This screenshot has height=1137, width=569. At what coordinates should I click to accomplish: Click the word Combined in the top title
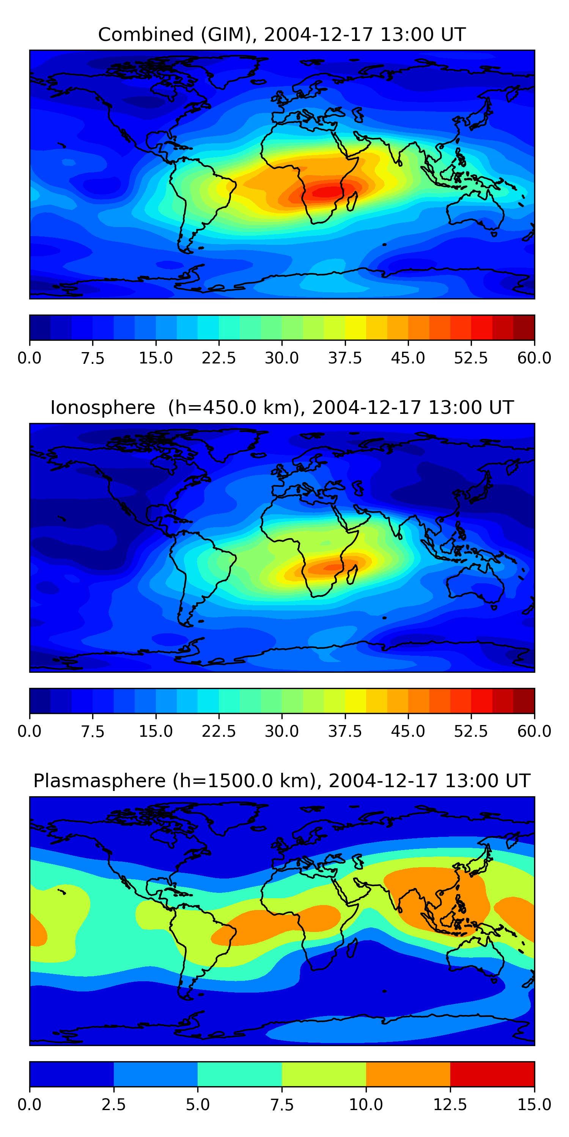pos(146,34)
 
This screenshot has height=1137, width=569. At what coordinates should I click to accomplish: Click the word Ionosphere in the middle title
pos(102,407)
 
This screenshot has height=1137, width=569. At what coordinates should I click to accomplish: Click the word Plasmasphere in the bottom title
pos(99,781)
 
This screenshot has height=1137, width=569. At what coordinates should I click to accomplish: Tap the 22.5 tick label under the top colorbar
pos(218,358)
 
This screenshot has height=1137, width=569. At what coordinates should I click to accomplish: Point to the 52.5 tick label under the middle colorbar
pos(471,731)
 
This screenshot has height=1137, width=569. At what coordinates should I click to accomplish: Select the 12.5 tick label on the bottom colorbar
pos(450,1105)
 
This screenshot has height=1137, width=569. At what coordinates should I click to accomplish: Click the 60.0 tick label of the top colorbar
pos(534,358)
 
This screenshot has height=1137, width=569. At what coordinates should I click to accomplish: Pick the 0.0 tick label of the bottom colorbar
pos(30,1105)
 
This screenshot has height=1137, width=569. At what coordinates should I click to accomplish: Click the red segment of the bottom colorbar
pos(492,1074)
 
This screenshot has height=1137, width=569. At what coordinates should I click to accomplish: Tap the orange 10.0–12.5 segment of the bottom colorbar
pos(408,1074)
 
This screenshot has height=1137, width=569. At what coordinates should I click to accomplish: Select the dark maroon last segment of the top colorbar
pos(524,327)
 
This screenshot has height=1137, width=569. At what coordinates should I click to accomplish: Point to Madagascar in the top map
pos(352,201)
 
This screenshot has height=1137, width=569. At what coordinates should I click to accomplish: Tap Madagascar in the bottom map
pos(352,947)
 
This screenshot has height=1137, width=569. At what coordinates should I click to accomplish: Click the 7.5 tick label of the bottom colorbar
pos(282,1105)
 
